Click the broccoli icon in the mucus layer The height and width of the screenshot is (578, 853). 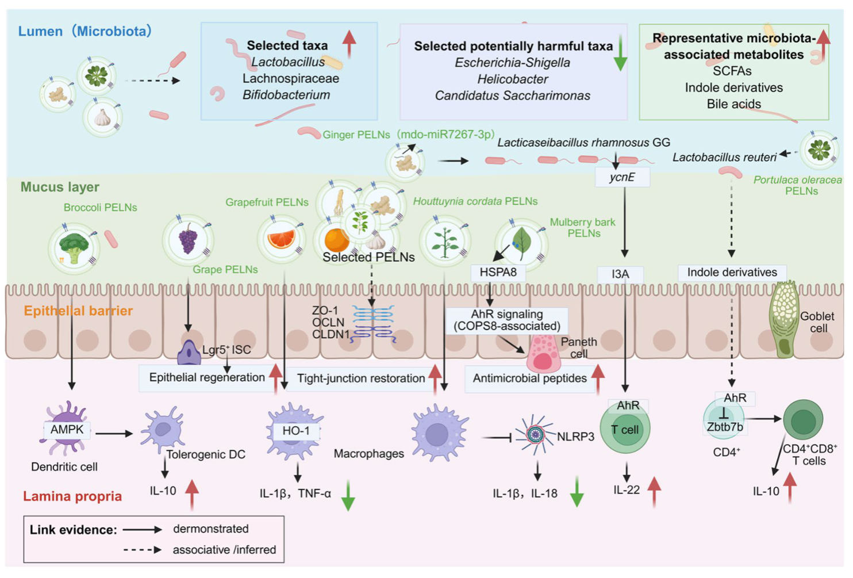[74, 248]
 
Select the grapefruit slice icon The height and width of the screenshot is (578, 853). [282, 239]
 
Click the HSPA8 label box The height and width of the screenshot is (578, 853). [498, 273]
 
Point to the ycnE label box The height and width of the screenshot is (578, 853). [623, 177]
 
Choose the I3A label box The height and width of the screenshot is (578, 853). [620, 274]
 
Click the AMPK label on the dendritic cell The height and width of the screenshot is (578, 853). [67, 430]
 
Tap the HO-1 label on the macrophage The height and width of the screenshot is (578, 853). [296, 431]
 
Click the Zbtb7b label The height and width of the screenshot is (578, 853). [725, 427]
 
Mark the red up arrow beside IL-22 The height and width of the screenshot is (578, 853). [654, 492]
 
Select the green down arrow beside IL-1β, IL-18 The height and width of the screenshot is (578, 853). [577, 492]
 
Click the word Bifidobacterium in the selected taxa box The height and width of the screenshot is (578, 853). [286, 95]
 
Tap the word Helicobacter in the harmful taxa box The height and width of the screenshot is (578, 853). [513, 79]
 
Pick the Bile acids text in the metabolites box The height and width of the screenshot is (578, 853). [734, 104]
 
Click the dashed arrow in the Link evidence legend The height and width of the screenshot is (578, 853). [143, 550]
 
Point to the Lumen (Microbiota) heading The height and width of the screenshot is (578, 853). [85, 31]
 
